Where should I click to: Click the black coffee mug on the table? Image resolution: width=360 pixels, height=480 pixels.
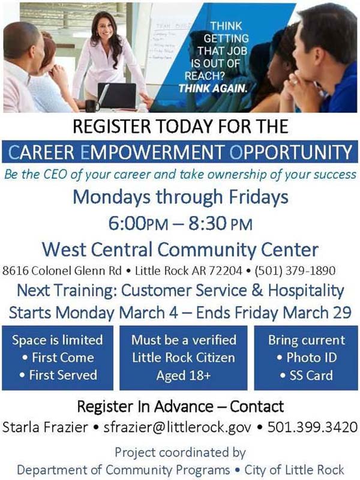92,106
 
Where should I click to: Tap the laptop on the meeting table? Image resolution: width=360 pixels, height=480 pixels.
116,95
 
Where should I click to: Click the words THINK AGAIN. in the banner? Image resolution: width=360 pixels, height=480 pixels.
212,88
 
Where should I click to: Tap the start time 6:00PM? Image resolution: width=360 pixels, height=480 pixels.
138,223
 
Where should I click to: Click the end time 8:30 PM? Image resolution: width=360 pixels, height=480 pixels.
220,223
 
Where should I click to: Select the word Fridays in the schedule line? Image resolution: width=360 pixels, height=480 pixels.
259,197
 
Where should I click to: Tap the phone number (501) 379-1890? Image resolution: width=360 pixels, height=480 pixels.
295,271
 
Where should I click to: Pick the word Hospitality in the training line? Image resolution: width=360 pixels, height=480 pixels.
306,291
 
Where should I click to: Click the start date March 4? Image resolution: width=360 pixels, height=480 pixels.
148,313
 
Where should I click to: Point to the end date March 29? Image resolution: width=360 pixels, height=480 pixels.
317,313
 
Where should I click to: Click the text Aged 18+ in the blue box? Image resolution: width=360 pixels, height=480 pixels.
184,376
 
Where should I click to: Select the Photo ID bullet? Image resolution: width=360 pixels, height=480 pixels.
307,358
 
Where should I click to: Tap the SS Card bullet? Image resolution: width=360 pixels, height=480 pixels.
307,376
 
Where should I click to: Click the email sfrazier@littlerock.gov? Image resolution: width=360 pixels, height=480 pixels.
177,427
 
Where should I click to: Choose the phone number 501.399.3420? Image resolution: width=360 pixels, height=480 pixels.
313,427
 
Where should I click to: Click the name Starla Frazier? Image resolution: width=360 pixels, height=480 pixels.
46,427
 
